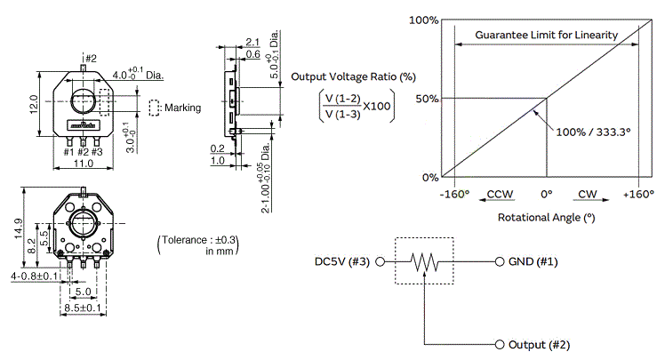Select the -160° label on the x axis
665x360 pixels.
coord(454,194)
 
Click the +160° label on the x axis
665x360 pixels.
coord(639,194)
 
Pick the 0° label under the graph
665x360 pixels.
coord(546,194)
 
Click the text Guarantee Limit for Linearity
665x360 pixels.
coord(546,35)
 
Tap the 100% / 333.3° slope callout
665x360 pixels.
coord(593,132)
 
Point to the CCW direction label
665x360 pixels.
coord(500,194)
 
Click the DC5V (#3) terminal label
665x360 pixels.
coord(344,262)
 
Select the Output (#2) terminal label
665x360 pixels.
coord(539,344)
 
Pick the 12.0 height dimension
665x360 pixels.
coord(34,104)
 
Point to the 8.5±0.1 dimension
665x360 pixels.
coord(84,308)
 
